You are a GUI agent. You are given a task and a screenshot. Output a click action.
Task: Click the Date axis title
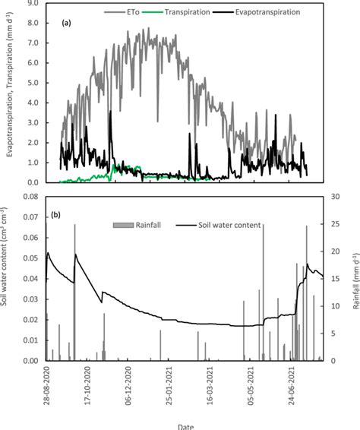pos(185,424)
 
